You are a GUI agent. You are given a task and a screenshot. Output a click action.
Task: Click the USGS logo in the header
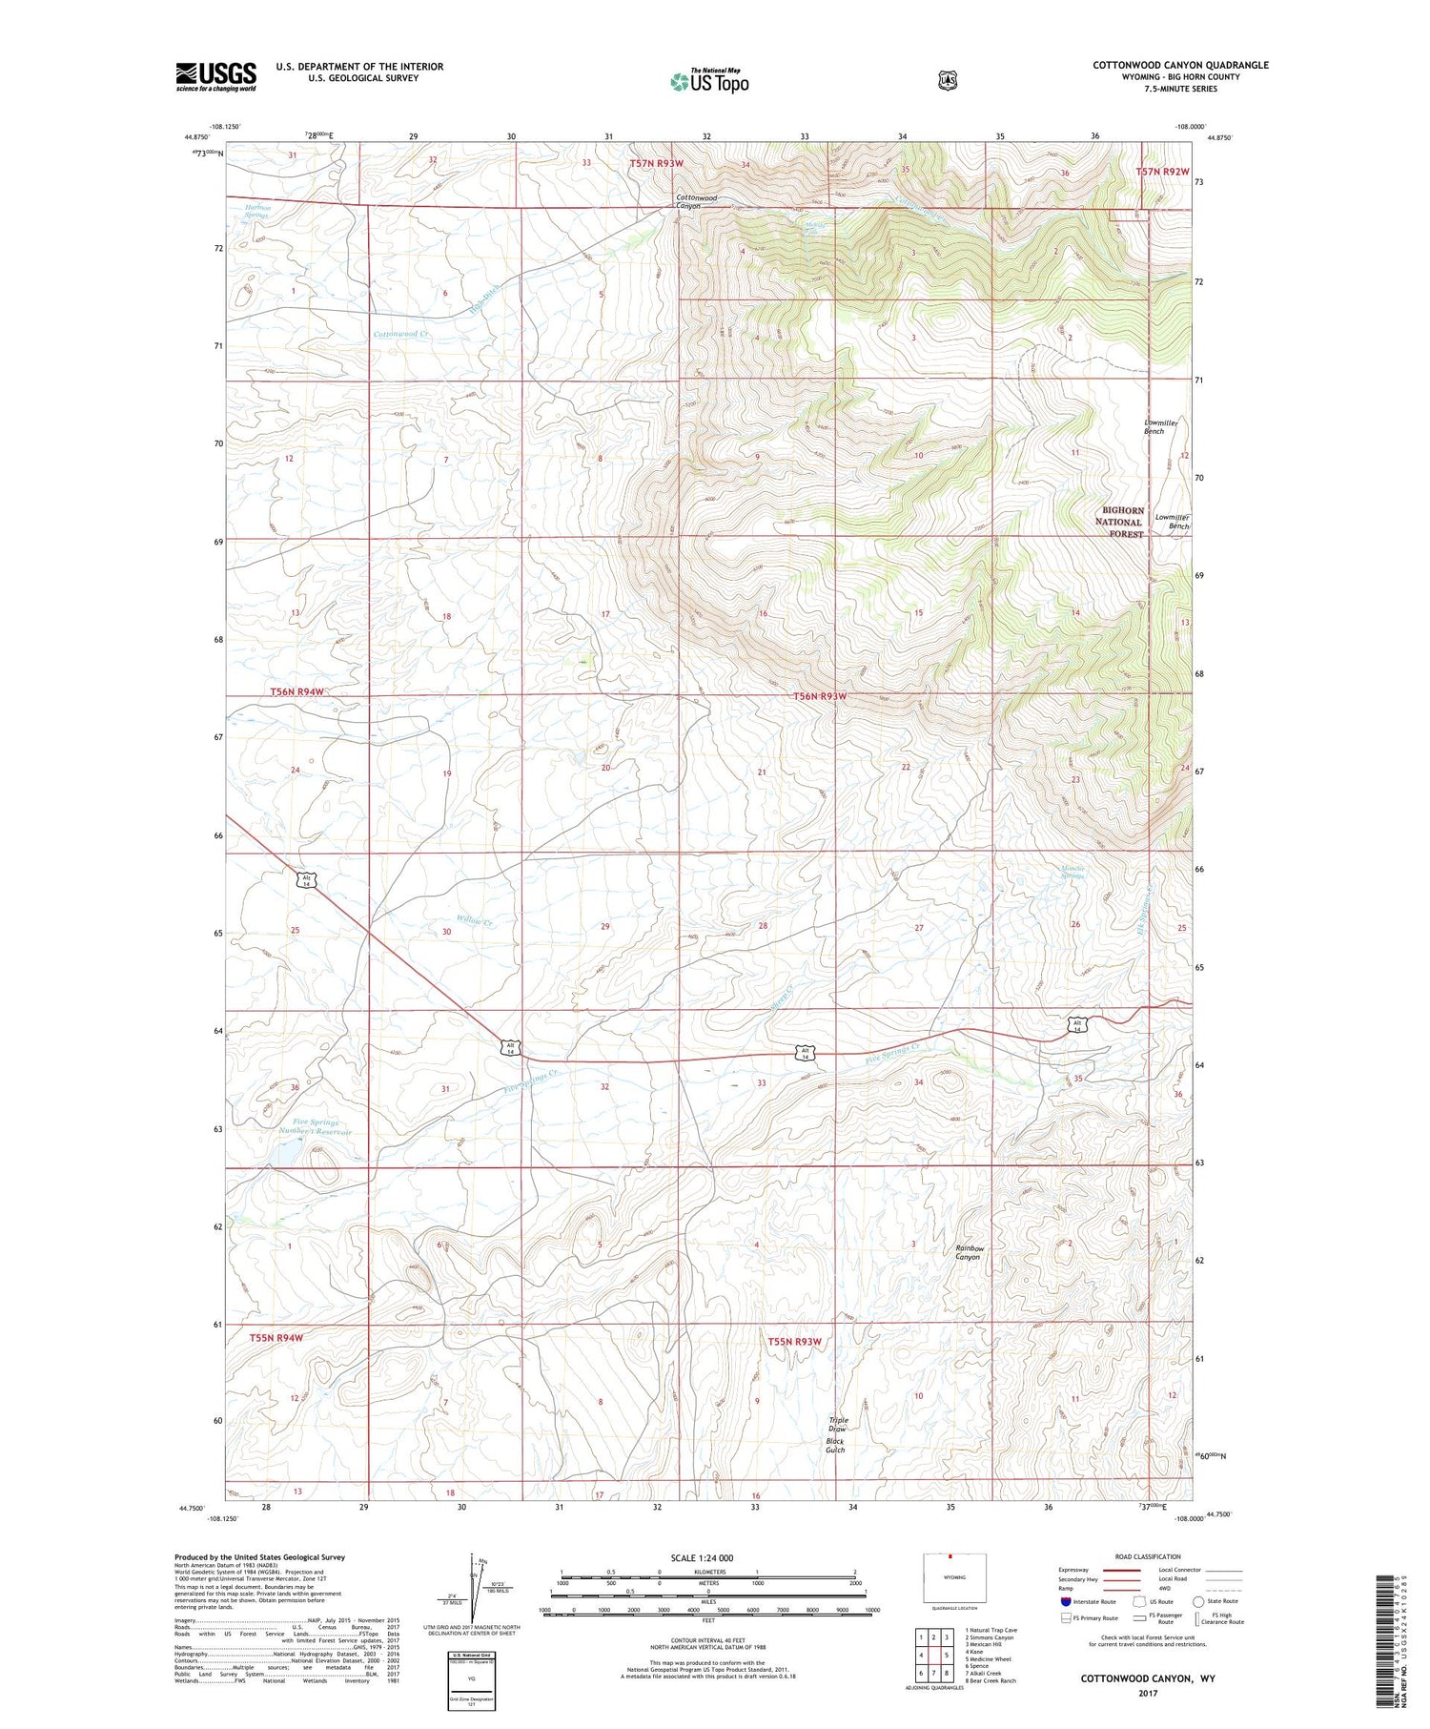pos(215,76)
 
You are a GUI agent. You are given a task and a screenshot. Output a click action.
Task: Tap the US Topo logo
pos(709,81)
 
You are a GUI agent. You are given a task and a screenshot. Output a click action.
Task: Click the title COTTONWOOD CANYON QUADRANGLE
pos(1180,65)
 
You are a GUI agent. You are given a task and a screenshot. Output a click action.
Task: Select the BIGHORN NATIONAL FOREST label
pos(1119,522)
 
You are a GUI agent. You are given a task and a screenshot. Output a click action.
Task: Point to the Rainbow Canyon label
pos(968,1252)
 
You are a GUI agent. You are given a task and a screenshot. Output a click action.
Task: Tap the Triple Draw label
pos(838,1424)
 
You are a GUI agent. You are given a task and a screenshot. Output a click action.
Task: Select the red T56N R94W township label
pos(296,691)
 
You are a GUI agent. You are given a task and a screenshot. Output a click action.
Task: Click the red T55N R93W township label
pos(794,1341)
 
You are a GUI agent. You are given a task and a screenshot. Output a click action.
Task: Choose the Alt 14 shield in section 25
pos(306,880)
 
